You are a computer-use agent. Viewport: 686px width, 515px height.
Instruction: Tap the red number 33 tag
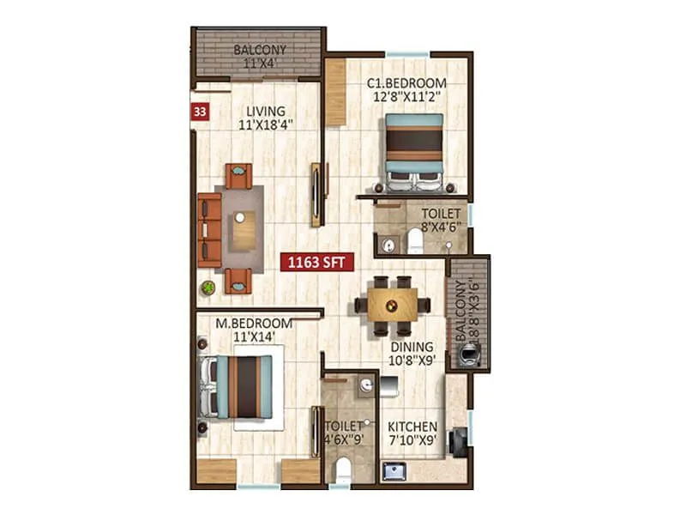click(x=200, y=111)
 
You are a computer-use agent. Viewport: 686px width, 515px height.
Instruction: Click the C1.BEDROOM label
click(x=407, y=83)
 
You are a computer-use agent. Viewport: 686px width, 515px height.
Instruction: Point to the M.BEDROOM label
click(x=253, y=324)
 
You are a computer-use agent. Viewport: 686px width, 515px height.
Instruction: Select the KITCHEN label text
click(x=412, y=427)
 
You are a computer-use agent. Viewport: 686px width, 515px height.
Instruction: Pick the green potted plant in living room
click(x=208, y=288)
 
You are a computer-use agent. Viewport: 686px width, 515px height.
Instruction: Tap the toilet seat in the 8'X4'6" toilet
click(x=416, y=239)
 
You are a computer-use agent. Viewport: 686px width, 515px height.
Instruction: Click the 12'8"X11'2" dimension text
click(x=407, y=97)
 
